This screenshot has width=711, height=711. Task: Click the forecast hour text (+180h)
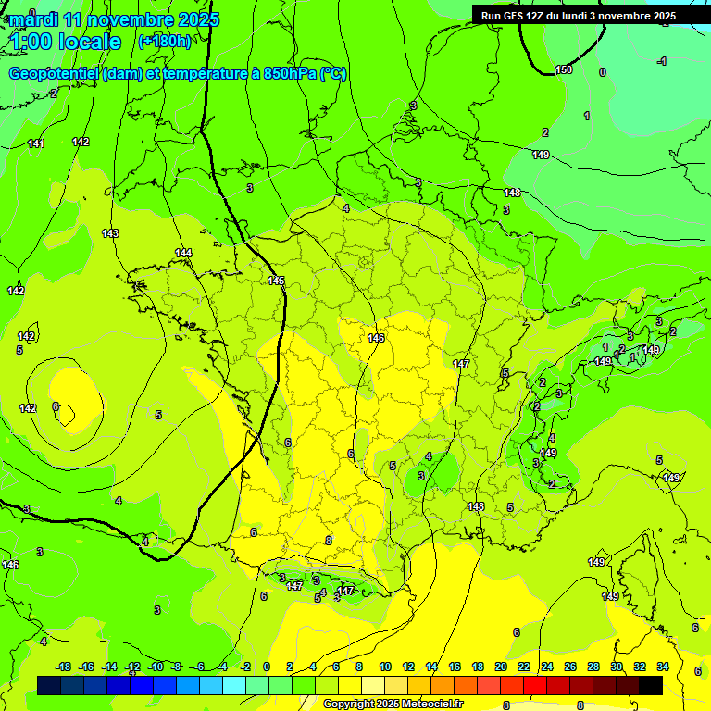click(x=164, y=41)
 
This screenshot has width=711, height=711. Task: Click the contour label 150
click(x=564, y=70)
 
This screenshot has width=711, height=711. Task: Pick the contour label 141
click(x=36, y=143)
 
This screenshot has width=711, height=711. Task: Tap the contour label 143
click(x=110, y=233)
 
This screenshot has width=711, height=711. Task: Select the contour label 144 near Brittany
click(x=184, y=253)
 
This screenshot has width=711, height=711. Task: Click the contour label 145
click(x=276, y=281)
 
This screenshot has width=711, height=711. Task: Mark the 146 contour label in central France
click(x=376, y=338)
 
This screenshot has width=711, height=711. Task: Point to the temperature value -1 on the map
click(x=661, y=61)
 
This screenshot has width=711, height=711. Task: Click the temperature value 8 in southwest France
click(x=328, y=541)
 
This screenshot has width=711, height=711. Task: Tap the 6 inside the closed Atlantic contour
click(x=56, y=406)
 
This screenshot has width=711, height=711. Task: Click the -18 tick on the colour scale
click(x=64, y=667)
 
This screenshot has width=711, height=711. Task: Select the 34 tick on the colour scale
click(x=662, y=667)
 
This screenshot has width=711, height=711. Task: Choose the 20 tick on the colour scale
click(x=501, y=667)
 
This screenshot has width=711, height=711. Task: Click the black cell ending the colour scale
click(x=651, y=685)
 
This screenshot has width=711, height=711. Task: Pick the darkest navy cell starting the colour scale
click(x=49, y=685)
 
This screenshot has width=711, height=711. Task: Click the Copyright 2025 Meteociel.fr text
click(x=393, y=704)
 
